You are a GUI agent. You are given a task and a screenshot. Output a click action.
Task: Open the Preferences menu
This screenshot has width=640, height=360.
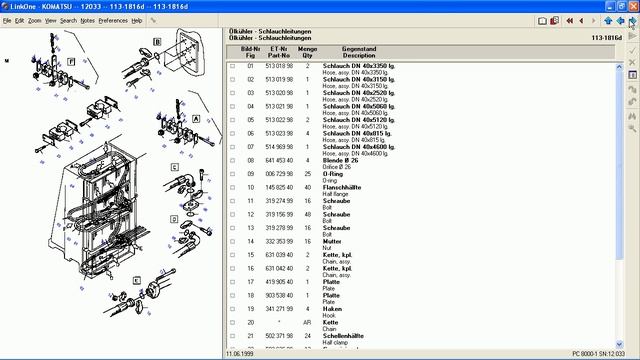113,20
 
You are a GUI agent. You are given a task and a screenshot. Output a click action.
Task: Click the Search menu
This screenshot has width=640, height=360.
68,20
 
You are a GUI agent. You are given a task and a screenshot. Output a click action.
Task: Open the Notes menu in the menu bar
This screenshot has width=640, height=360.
88,20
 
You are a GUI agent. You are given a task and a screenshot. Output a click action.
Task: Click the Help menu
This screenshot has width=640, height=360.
137,20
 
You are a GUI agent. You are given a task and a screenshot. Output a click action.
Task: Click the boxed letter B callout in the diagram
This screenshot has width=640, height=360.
157,42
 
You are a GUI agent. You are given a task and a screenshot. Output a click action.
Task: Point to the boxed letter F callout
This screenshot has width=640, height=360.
71,61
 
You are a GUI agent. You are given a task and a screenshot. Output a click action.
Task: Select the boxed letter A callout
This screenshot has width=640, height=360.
196,118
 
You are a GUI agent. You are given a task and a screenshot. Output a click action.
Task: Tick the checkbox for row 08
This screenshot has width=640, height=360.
233,160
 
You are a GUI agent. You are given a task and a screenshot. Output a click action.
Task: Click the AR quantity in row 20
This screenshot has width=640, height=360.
307,323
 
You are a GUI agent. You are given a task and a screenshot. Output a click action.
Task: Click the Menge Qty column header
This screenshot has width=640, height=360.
308,51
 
